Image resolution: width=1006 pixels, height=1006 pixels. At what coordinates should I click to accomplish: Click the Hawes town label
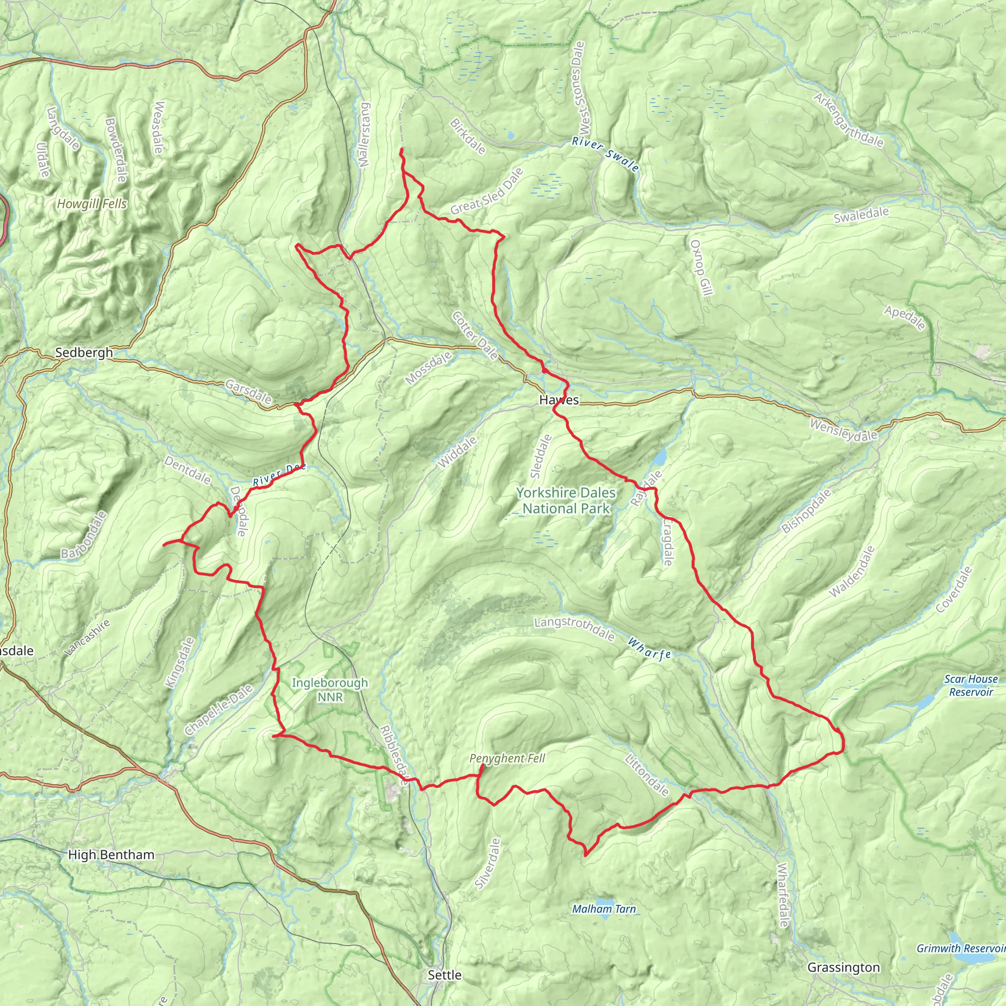(559, 400)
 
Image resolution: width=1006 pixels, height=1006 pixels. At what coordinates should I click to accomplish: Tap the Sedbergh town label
(84, 353)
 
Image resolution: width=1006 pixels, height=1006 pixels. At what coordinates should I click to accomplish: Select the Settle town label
(444, 975)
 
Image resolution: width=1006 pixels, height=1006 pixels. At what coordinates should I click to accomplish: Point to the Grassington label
(843, 967)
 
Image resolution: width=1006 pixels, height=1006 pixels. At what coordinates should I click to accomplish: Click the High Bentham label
(112, 855)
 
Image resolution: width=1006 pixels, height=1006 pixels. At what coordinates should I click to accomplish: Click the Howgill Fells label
(92, 204)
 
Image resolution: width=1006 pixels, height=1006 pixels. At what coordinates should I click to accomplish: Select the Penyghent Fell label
(506, 758)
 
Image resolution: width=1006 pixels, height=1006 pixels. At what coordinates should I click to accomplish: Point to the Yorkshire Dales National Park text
(565, 501)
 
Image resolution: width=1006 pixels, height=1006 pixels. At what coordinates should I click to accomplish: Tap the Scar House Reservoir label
(971, 685)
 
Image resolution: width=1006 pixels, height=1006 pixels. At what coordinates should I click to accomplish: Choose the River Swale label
(605, 154)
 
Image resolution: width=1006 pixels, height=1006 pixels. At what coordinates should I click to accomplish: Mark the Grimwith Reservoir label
(961, 948)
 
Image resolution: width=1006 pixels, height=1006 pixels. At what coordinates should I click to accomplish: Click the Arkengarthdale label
(849, 120)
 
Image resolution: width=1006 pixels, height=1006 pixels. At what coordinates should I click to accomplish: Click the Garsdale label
(249, 391)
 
